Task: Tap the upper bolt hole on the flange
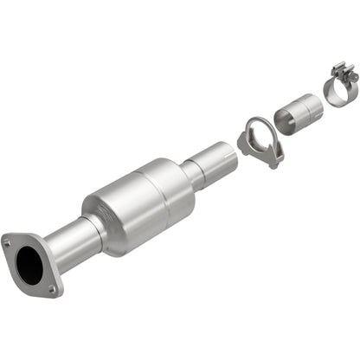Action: [9, 244]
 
